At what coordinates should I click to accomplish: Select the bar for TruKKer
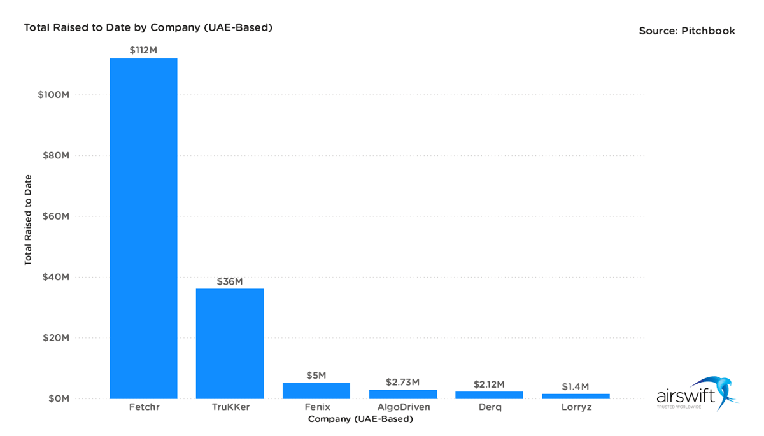coord(230,344)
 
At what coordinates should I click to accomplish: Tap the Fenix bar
coord(316,391)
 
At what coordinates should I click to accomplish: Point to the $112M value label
coord(143,50)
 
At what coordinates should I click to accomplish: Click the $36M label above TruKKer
coord(230,281)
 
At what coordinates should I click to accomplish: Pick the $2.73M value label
coord(402,382)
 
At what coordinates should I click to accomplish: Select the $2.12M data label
coord(489,384)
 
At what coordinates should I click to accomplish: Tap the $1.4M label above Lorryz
coord(576,386)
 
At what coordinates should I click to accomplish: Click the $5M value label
coord(316,375)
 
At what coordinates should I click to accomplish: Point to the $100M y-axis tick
coord(53,95)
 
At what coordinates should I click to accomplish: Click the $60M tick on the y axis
coord(56,216)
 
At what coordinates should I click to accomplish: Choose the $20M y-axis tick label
coord(56,338)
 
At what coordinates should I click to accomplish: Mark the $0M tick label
coord(58,398)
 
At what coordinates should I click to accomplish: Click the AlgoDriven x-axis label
coord(403,407)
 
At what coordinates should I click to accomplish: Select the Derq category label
coord(489,407)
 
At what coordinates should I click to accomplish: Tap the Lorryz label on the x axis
coord(576,407)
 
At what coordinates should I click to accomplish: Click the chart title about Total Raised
coord(148,27)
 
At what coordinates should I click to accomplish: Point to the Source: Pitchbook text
coord(687,31)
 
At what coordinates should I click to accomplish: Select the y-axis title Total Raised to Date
coord(28,220)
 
